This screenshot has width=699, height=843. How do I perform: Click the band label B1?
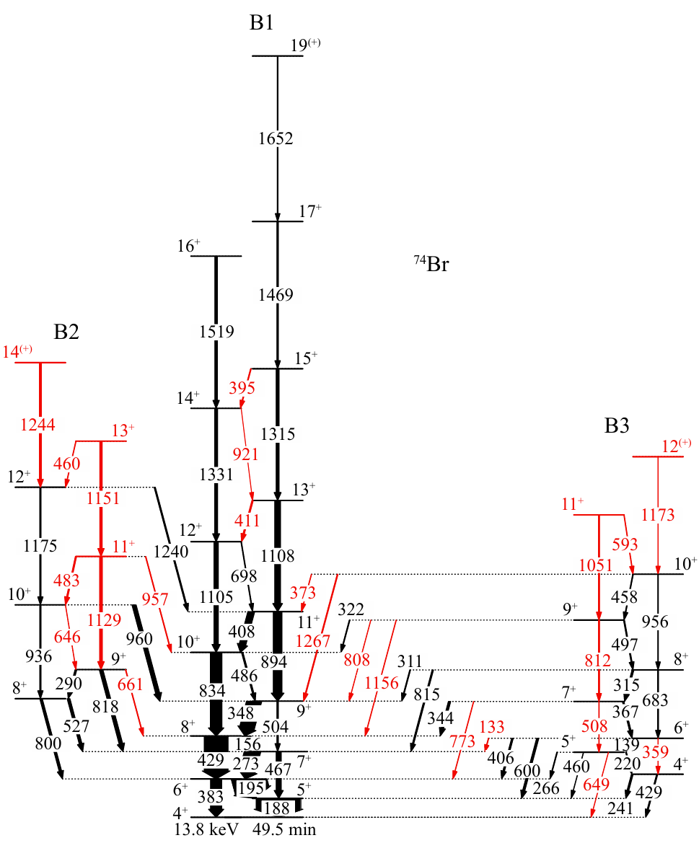pyautogui.click(x=261, y=23)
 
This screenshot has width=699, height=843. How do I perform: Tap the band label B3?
pyautogui.click(x=617, y=426)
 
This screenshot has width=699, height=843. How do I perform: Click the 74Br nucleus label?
pyautogui.click(x=432, y=264)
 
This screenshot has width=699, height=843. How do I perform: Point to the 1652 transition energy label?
pyautogui.click(x=277, y=139)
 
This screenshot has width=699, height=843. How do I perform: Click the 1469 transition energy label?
pyautogui.click(x=277, y=294)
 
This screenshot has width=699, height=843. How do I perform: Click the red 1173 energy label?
pyautogui.click(x=658, y=515)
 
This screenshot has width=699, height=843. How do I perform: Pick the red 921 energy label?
pyautogui.click(x=245, y=454)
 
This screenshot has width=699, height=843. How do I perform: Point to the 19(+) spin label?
pyautogui.click(x=305, y=45)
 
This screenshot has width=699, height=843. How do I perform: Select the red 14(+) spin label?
pyautogui.click(x=18, y=352)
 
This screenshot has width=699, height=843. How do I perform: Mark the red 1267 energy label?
pyautogui.click(x=312, y=640)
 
